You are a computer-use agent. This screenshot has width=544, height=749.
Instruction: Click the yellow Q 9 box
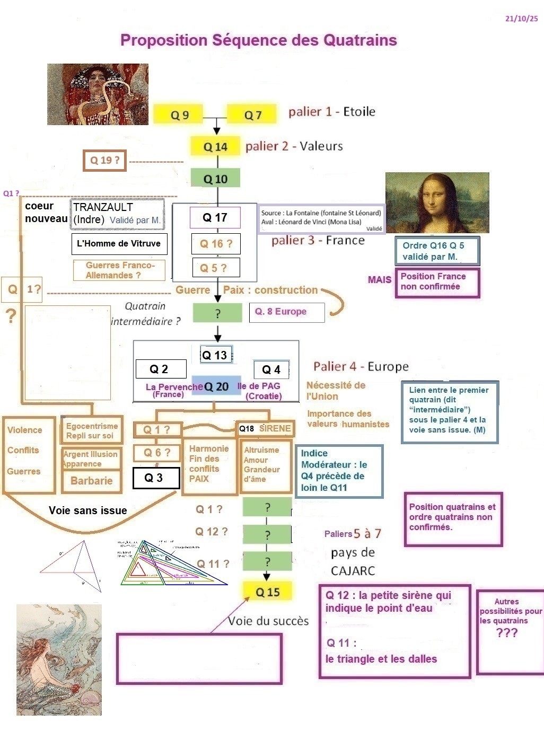[x=179, y=114]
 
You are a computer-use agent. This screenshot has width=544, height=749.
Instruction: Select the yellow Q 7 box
[x=252, y=114]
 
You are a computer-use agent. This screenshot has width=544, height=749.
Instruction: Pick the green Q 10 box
[x=215, y=179]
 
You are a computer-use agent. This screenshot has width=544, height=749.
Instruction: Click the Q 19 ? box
[x=104, y=160]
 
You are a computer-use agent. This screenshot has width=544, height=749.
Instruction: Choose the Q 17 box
[x=215, y=217]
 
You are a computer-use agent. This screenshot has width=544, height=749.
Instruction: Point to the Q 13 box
[x=215, y=355]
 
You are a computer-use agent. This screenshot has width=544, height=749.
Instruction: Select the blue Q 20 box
[x=215, y=387]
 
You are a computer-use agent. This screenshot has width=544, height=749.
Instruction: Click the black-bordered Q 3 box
[x=153, y=478]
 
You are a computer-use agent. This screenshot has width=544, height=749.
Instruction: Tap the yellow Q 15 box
[x=267, y=592]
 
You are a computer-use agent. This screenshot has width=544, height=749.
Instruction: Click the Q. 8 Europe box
[x=286, y=312]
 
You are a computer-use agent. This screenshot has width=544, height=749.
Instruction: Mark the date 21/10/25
[x=521, y=19]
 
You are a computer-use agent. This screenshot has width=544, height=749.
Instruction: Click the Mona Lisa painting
[x=437, y=202]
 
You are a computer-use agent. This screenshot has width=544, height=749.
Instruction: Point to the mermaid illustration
[x=59, y=659]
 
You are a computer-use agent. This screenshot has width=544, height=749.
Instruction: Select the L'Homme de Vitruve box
[x=119, y=244]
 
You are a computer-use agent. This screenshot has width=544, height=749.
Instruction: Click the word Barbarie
[x=92, y=481]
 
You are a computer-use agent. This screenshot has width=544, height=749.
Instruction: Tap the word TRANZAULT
[x=103, y=207]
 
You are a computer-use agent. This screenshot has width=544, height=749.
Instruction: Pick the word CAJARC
[x=353, y=571]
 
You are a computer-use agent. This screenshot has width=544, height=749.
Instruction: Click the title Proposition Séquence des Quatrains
[x=258, y=40]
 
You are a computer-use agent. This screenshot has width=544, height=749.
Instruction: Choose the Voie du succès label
[x=268, y=621]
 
